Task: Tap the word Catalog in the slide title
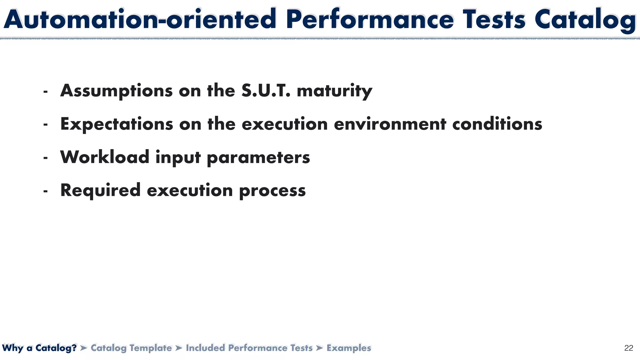[585, 19]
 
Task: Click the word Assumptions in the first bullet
[116, 91]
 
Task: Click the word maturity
[334, 91]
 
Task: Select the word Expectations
[117, 124]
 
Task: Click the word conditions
[497, 124]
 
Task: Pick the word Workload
[105, 157]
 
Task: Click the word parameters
[258, 157]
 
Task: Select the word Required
[100, 191]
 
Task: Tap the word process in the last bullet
[272, 191]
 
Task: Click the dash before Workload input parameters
[46, 158]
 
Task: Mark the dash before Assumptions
[46, 92]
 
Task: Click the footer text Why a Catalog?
[39, 348]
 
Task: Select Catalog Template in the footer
[131, 348]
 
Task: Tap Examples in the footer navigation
[349, 348]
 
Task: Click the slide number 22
[628, 348]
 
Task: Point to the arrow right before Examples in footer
[319, 348]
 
